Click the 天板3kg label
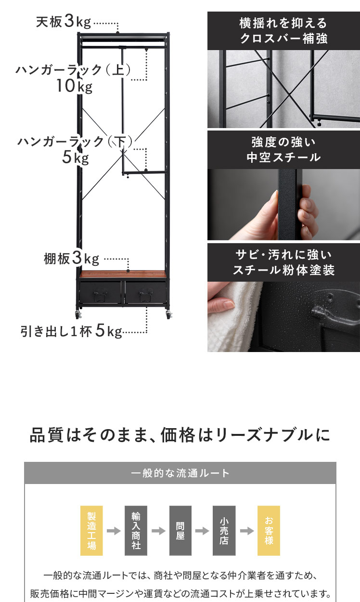[x=64, y=22]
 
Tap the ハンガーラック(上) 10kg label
[x=73, y=78]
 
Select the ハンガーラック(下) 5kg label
[x=75, y=149]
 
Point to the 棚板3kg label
[x=71, y=258]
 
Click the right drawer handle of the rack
[x=146, y=295]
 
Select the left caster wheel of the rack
[x=78, y=314]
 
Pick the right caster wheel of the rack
[x=168, y=314]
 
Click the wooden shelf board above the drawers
[x=123, y=274]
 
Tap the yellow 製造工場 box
[x=91, y=531]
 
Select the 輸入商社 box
[x=136, y=531]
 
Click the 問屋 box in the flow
[x=180, y=531]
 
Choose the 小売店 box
[x=224, y=531]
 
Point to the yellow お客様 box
[x=269, y=531]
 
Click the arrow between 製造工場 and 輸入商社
[x=114, y=531]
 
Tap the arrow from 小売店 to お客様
[x=246, y=531]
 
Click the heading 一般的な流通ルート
[x=180, y=473]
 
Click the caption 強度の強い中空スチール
[x=283, y=150]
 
